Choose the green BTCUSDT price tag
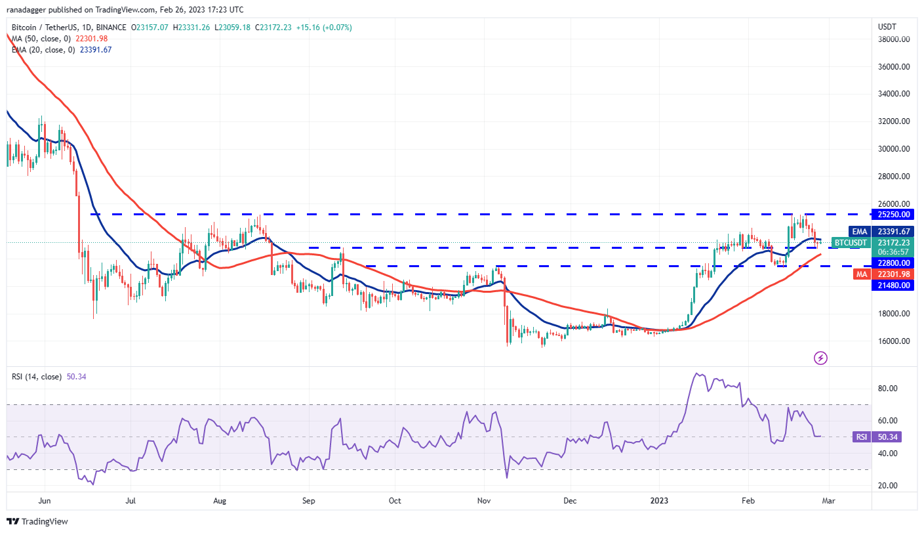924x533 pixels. [850, 243]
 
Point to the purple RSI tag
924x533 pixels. [861, 437]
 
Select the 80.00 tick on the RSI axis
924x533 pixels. [887, 389]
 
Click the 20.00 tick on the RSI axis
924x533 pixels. [887, 486]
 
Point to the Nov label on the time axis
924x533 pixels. [484, 500]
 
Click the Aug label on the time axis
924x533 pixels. [220, 500]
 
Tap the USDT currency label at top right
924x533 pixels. [887, 26]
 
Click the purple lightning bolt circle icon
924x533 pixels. [820, 358]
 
